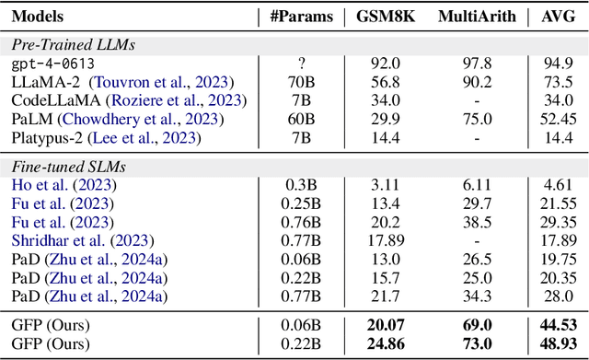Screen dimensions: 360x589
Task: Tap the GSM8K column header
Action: [x=388, y=17]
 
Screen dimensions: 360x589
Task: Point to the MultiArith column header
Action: [x=477, y=17]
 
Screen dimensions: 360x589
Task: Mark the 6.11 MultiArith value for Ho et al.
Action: [x=477, y=184]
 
